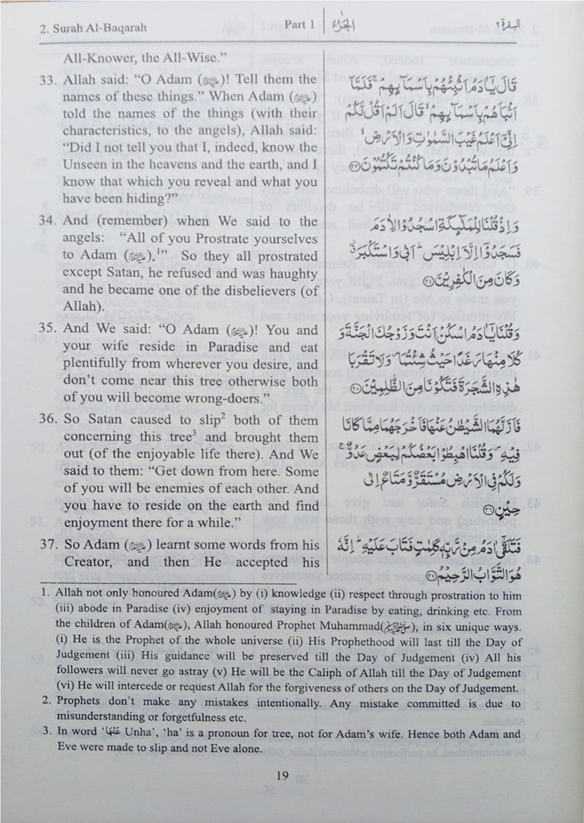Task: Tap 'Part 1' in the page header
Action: (x=299, y=26)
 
